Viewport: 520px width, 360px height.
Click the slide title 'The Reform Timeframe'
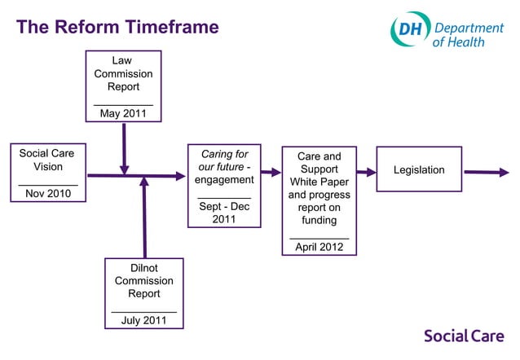tap(117, 27)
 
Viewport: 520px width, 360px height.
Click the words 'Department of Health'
tap(469, 33)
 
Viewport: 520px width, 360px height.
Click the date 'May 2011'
tap(123, 113)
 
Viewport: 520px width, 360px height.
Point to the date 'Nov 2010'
tap(48, 194)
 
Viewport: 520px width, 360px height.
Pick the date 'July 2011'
tap(143, 320)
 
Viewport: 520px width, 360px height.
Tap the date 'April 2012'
tap(319, 247)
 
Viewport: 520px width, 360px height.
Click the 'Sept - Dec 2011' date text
tap(224, 213)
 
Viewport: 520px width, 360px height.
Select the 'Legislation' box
tap(419, 169)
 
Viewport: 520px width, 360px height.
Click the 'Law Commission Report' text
tap(123, 73)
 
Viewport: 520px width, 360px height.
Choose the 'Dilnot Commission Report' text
tap(143, 280)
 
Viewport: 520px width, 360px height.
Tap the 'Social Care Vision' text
tap(47, 160)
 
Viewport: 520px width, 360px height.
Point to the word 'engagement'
tap(224, 179)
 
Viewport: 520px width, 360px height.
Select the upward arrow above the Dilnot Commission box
tap(144, 216)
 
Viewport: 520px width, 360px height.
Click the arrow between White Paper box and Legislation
tap(366, 172)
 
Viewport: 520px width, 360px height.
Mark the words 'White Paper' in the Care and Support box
tap(319, 182)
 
